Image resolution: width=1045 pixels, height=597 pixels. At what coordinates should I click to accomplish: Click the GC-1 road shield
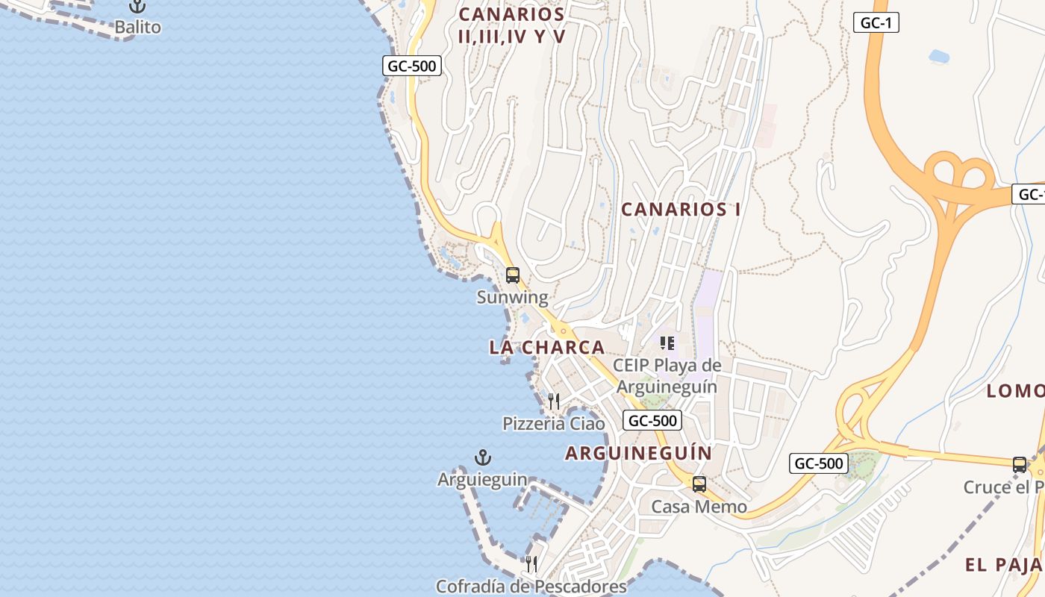pos(876,22)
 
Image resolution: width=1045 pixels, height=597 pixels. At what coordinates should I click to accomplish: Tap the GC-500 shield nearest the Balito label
pos(412,66)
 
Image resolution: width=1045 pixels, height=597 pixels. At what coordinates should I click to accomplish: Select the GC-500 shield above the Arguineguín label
pos(652,420)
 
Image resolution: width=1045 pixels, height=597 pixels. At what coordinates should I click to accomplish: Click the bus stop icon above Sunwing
pos(513,275)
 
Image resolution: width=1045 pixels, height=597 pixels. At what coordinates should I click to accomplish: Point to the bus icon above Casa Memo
pos(699,484)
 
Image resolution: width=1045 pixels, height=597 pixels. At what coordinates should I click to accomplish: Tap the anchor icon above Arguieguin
pos(483,457)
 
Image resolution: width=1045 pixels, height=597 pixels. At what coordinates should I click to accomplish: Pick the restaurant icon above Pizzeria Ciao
pos(554,401)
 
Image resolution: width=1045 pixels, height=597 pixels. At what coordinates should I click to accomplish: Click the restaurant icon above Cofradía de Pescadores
pos(531,563)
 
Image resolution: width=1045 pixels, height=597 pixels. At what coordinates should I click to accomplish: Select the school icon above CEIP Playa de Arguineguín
pos(667,343)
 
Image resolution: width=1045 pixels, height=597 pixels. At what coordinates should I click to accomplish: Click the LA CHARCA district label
pos(547,347)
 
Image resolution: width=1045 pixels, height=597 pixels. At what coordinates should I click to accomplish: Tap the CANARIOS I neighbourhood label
pos(681,210)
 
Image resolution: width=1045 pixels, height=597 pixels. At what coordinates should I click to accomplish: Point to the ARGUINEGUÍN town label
pos(638,453)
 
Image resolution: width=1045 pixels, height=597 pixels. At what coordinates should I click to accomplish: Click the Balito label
pos(137,28)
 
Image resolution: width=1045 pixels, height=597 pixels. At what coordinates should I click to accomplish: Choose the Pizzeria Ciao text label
pos(554,424)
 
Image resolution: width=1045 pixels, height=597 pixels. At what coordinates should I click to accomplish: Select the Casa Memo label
pos(699,507)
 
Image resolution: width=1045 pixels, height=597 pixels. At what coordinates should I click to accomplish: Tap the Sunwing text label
pos(513,298)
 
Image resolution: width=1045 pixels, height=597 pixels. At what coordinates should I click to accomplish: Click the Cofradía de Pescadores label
pos(531,587)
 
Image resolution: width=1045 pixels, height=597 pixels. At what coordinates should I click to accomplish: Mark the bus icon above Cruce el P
pos(1020,464)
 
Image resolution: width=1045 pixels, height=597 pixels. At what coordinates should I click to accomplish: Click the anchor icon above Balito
pos(137,7)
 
